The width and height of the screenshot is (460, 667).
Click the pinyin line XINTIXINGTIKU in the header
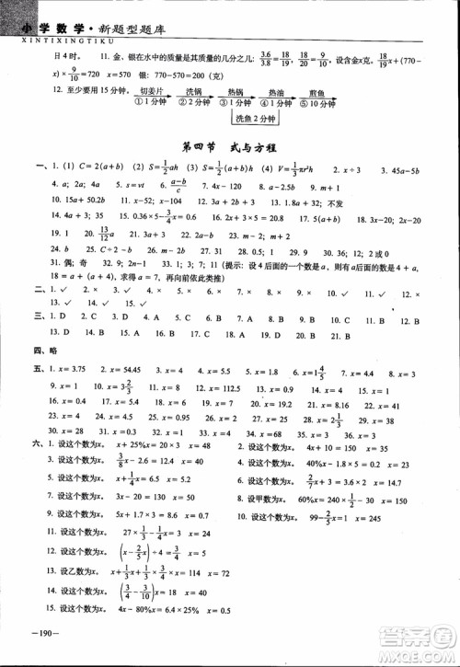57,29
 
